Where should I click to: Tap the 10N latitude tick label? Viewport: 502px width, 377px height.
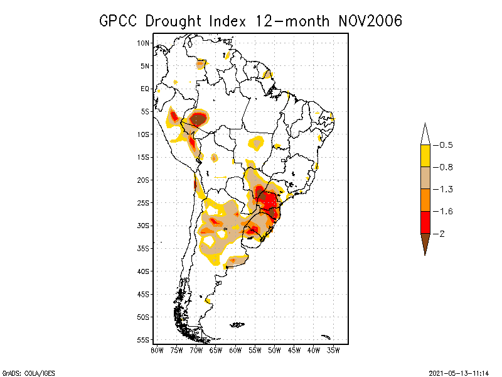pos(144,43)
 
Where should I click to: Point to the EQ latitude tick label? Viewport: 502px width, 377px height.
pos(145,89)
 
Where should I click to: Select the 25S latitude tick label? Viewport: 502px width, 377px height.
pos(144,202)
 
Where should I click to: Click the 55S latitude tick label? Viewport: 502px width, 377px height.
pos(144,339)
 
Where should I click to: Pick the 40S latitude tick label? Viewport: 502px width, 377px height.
pos(144,271)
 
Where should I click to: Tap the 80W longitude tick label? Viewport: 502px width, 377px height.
pos(157,349)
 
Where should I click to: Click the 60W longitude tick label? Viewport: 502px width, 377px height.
pos(235,349)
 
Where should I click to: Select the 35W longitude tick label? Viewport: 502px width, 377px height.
pos(333,349)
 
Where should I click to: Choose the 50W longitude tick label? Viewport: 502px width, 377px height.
pos(274,349)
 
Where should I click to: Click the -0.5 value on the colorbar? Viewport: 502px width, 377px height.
pos(445,145)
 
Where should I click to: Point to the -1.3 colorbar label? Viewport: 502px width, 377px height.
pos(445,189)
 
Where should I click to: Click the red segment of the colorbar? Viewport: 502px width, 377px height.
pos(425,222)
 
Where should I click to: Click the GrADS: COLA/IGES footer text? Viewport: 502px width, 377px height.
pos(28,373)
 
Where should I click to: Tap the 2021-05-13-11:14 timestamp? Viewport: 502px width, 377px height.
pos(459,373)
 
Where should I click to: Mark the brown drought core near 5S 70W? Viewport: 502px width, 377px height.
pos(198,119)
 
